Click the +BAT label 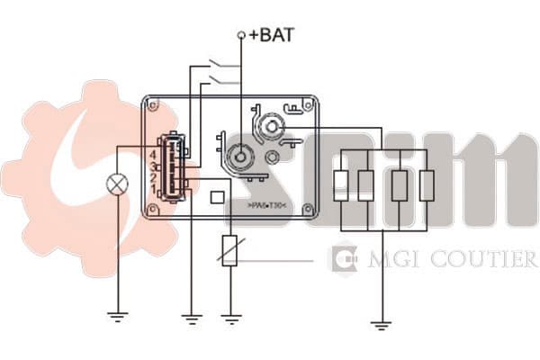273,35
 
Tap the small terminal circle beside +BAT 241,35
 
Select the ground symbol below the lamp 117,315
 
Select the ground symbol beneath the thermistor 231,316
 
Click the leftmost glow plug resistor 340,185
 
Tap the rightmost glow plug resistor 426,185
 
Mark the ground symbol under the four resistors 382,323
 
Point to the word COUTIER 487,260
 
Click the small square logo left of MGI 345,260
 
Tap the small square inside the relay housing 217,197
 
